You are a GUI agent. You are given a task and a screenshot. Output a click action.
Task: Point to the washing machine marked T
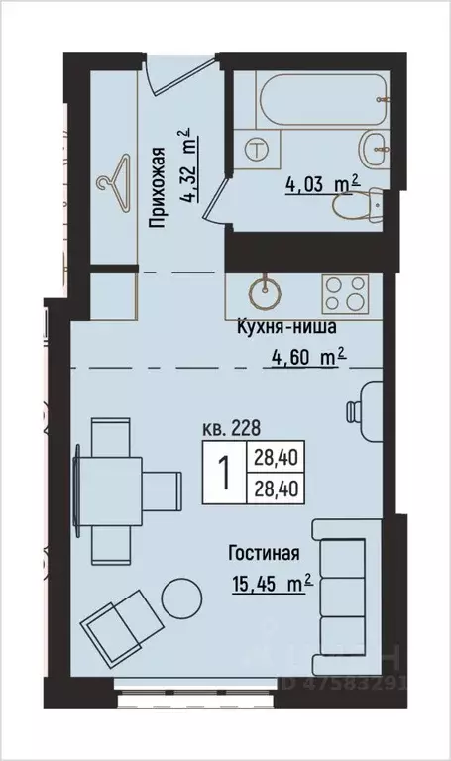(x=258, y=151)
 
